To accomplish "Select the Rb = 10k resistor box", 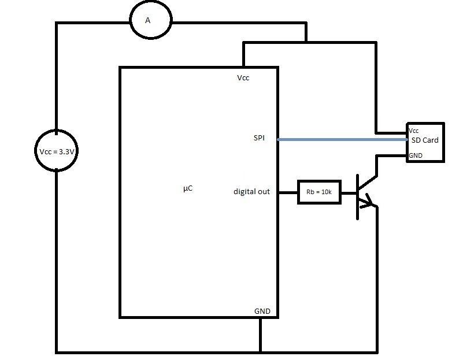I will point(320,192).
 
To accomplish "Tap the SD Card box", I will point(425,142).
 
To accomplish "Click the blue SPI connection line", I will point(341,139).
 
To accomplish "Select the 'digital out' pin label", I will point(251,191).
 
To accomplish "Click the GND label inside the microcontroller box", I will point(262,311).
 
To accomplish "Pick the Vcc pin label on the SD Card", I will point(414,131).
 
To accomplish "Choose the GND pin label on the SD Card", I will point(415,155).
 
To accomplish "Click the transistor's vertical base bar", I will point(357,197).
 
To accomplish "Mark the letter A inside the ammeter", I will point(147,21).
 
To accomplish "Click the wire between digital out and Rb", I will point(288,192).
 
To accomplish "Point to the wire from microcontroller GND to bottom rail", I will point(261,334).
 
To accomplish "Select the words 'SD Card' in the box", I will point(425,140).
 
